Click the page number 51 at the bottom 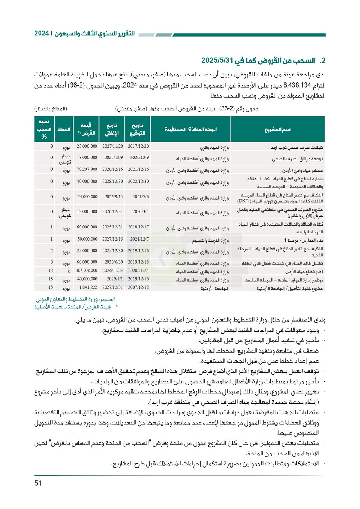38,483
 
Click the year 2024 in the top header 41,34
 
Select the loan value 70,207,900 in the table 87,169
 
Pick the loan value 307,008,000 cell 86,271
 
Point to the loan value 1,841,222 88,287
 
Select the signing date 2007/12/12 138,287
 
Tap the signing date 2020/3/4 140,212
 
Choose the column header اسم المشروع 278,129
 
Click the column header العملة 64,129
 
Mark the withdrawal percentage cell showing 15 50,287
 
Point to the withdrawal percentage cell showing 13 50,279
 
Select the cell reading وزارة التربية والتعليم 210,240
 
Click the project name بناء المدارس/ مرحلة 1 303,240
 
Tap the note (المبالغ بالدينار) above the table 51,109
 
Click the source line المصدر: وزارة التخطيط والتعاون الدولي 75,299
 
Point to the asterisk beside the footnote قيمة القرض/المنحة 117,307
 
